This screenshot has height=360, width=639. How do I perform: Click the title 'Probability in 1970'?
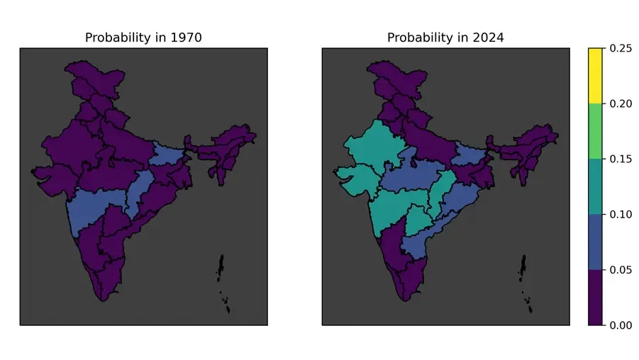pyautogui.click(x=143, y=38)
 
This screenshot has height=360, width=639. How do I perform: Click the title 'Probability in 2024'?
pyautogui.click(x=445, y=38)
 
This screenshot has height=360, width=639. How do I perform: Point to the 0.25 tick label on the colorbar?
pyautogui.click(x=621, y=49)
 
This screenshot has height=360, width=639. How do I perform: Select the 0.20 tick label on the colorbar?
pyautogui.click(x=621, y=104)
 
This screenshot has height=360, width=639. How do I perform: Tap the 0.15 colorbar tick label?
pyautogui.click(x=621, y=159)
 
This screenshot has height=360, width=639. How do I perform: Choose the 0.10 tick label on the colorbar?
pyautogui.click(x=621, y=215)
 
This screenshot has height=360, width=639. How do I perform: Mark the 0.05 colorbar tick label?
pyautogui.click(x=621, y=270)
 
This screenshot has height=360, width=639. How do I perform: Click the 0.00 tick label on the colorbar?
pyautogui.click(x=621, y=325)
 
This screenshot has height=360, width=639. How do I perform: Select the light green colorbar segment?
pyautogui.click(x=595, y=132)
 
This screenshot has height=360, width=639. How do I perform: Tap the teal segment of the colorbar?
pyautogui.click(x=595, y=187)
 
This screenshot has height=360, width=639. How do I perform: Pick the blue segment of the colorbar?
pyautogui.click(x=595, y=242)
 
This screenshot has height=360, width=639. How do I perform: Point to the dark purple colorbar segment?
pyautogui.click(x=595, y=298)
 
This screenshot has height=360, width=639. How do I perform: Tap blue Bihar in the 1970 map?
pyautogui.click(x=170, y=154)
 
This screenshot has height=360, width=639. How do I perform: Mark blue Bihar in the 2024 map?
pyautogui.click(x=472, y=154)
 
